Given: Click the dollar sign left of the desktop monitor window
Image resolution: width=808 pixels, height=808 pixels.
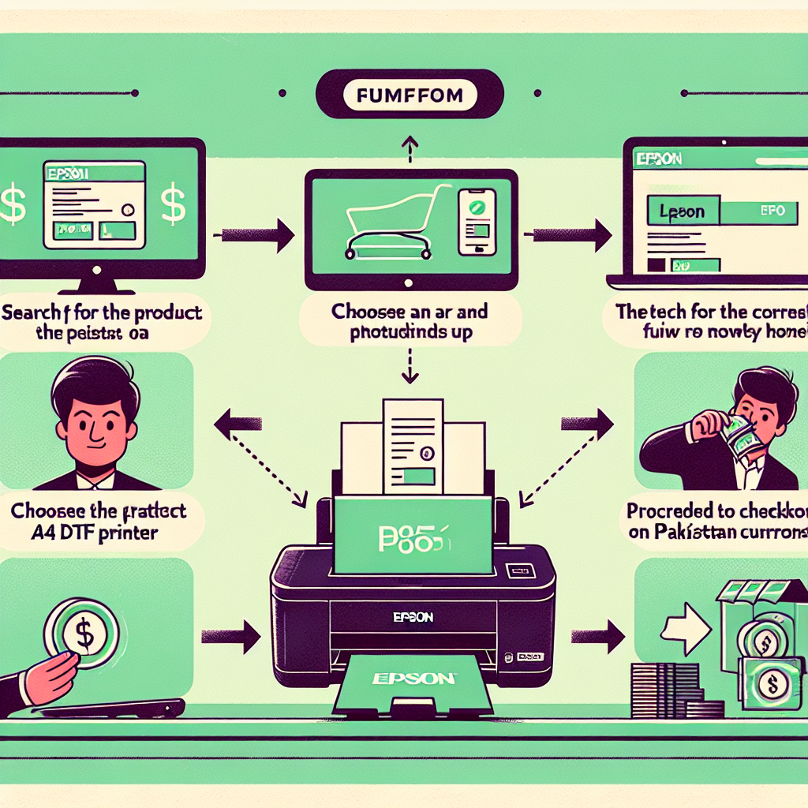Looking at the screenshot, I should tap(11, 204).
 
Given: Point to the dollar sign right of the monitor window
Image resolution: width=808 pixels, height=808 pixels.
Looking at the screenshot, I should tap(173, 203).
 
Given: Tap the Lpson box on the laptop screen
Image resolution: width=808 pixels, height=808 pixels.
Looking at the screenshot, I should tap(683, 211).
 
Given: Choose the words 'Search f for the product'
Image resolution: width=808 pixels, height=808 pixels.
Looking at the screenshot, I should tap(102, 312).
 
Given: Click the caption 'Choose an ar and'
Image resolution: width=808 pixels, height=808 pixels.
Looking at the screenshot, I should tap(410, 311).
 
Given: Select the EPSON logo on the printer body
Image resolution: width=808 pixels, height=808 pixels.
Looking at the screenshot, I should tap(413, 617).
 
